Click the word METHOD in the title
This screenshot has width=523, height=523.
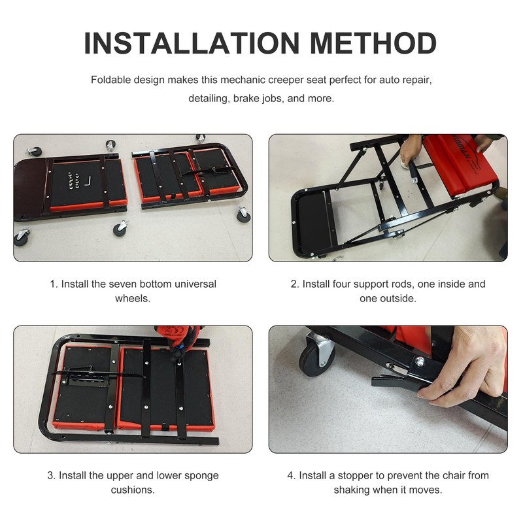point(373,42)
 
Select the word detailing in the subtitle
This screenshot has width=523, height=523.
point(209,99)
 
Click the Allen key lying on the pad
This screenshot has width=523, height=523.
point(91,179)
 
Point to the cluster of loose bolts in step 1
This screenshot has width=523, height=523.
point(71,178)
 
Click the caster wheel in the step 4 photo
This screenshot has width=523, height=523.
point(316,354)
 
